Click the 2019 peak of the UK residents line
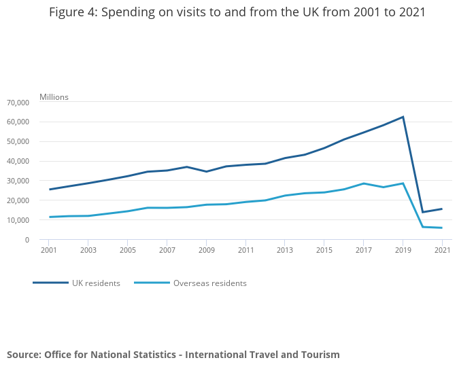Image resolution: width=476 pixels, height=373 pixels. point(403,117)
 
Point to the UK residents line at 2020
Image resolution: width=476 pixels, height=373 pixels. point(422,212)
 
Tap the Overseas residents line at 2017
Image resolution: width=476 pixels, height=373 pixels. point(363,183)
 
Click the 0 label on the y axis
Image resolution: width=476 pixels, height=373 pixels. point(27,240)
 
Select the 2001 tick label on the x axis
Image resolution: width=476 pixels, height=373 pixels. point(49,251)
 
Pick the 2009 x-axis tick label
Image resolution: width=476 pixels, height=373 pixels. point(206,251)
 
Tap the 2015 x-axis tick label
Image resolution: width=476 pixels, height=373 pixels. point(324,251)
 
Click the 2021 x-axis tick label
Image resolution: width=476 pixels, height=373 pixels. point(442,251)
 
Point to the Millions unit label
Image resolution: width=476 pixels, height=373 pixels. point(54,97)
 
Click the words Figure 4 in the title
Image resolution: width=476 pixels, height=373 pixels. point(71,12)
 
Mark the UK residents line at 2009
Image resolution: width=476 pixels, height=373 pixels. point(206,171)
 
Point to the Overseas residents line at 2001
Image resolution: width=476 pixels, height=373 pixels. point(49,217)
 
